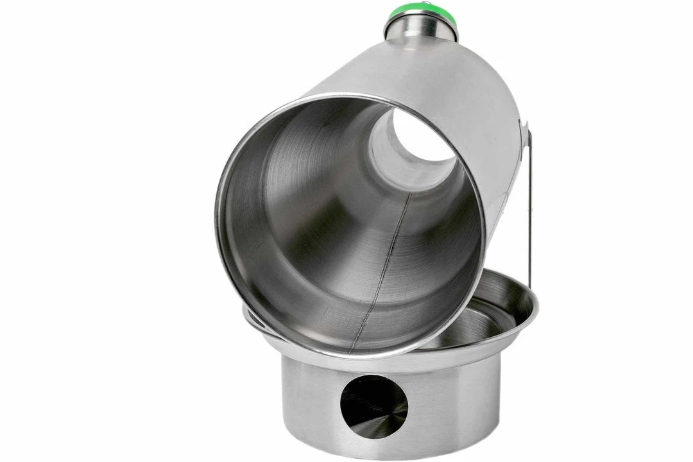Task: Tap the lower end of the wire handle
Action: (530, 282)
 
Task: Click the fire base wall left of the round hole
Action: (308, 404)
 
